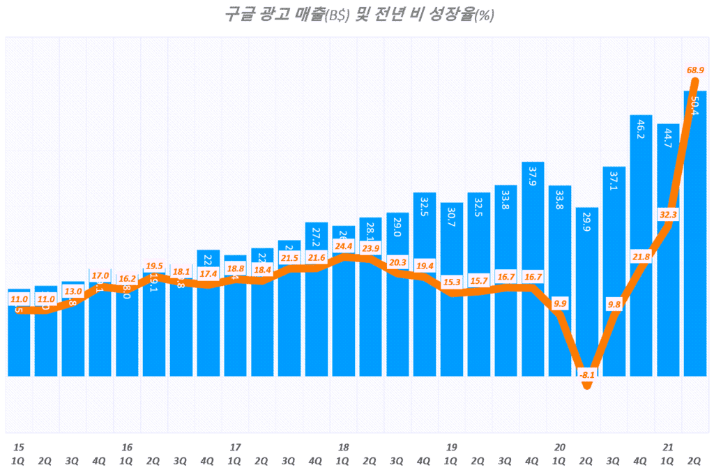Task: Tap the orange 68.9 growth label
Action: [695, 70]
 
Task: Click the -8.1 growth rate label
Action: [587, 374]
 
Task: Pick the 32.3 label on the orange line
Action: [668, 215]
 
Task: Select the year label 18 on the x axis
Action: [343, 447]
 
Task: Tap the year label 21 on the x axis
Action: [668, 447]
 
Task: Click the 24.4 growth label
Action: [343, 245]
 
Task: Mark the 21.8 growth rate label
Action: [641, 256]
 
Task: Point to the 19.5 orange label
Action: [154, 266]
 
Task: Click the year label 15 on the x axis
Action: [18, 447]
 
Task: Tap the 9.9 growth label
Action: [560, 303]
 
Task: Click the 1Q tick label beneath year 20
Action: [560, 460]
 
